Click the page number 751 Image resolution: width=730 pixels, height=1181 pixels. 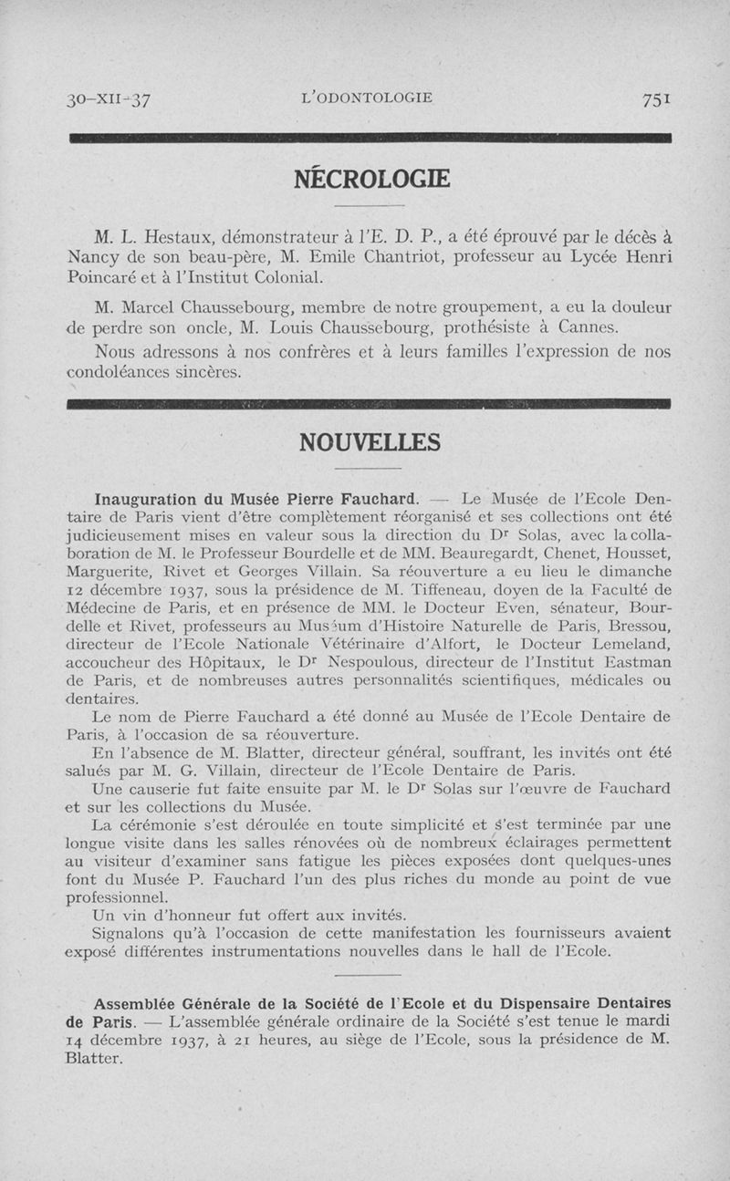[x=656, y=99]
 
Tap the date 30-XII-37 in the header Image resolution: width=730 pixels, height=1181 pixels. [x=109, y=100]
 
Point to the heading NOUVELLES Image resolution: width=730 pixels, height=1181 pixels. [x=370, y=443]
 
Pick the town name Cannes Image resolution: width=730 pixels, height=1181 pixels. [x=587, y=326]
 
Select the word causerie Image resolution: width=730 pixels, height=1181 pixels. [x=178, y=788]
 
